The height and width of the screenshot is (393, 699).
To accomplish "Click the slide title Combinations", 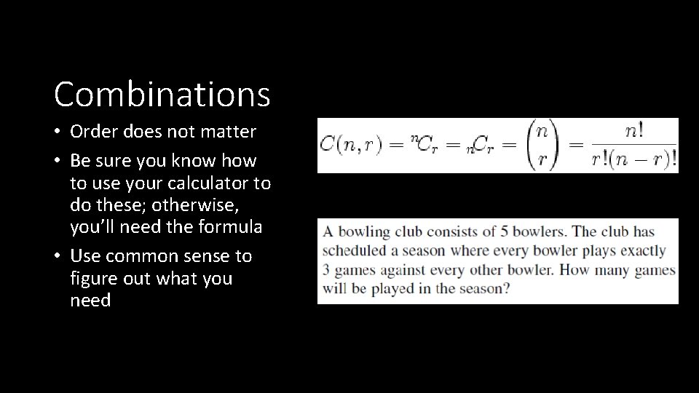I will [162, 94].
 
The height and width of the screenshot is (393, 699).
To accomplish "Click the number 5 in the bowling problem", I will [504, 232].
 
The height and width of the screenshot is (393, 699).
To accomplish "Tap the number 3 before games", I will [326, 270].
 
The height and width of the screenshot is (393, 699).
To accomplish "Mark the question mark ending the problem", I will [507, 288].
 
